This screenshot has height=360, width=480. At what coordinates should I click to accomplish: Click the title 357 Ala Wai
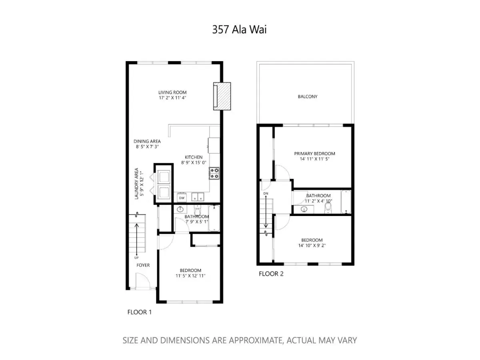pos(239,30)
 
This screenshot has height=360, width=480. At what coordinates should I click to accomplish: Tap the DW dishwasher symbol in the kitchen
pos(182,198)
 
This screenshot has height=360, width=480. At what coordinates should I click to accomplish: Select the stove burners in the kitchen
pos(214,173)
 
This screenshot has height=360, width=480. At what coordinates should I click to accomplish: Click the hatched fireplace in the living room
pos(222,96)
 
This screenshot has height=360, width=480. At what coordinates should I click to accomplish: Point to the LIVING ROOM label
pos(172,92)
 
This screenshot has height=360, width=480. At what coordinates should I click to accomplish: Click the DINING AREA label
pos(147,142)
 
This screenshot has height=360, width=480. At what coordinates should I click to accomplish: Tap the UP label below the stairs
pos(136,258)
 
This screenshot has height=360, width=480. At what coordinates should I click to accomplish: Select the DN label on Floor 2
pos(266,194)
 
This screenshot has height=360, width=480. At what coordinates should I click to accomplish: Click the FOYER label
pos(143,265)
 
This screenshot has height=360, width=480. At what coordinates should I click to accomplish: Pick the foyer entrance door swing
pos(142,281)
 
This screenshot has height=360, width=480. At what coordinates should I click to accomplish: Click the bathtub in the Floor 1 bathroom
pos(214,218)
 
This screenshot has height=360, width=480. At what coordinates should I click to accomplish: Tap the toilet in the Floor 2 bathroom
pos(328,208)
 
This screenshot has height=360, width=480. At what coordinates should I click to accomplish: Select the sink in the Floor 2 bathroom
pos(304,209)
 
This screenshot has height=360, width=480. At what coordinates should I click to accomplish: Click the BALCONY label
pos(308,97)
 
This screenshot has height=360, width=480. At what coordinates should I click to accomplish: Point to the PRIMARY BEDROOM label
pos(314,154)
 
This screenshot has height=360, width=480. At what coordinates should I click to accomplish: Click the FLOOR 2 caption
pos(271,274)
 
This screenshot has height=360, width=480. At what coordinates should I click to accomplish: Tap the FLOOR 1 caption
pos(139,312)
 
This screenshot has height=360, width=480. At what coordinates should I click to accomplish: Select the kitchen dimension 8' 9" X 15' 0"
pos(194,163)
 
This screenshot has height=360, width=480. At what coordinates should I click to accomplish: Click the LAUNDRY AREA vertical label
pos(136,184)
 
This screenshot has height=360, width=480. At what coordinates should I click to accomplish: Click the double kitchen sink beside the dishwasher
pos(198,197)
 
